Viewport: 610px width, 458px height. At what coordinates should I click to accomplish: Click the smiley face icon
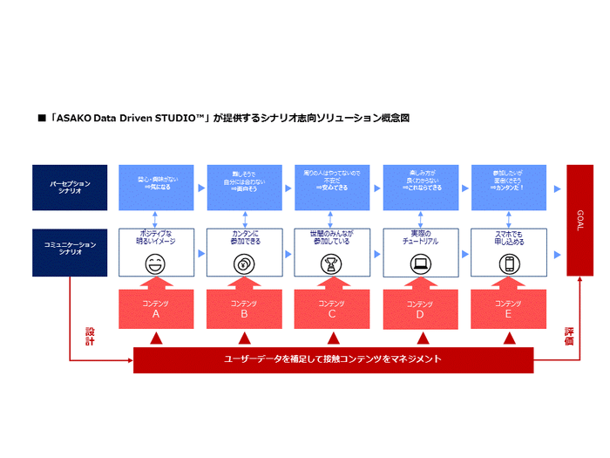(155, 263)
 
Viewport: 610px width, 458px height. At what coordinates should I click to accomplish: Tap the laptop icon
(419, 263)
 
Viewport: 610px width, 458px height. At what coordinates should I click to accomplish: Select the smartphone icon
(508, 263)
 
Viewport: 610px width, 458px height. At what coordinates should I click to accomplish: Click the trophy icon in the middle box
(331, 264)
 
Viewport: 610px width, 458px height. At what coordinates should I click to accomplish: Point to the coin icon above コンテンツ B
(243, 264)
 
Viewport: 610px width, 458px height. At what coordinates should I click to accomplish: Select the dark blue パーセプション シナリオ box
(69, 187)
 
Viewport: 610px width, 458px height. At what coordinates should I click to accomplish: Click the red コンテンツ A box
(155, 309)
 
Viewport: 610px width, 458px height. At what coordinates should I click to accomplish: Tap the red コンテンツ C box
(331, 309)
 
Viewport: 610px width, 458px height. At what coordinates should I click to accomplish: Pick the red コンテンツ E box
(508, 309)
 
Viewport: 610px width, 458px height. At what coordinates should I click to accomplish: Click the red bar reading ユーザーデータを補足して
(333, 359)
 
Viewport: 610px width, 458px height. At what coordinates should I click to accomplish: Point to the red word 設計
(90, 336)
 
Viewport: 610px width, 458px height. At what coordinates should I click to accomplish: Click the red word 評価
(569, 336)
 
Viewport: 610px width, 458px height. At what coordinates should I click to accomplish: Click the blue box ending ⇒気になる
(155, 187)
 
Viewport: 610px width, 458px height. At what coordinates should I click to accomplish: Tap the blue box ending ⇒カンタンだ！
(508, 187)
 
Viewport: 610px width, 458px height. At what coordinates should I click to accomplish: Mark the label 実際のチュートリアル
(419, 238)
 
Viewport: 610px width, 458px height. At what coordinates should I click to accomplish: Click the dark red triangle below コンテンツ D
(420, 338)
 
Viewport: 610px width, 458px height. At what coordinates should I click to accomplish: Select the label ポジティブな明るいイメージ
(155, 238)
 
